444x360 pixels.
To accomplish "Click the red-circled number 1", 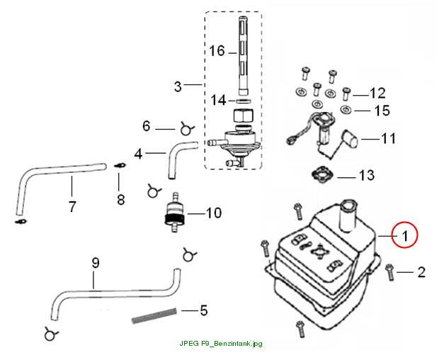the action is coord(405,235).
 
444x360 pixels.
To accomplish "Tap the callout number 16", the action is coord(217,51).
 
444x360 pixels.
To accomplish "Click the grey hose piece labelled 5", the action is coord(154,316).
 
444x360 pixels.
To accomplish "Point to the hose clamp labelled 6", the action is coord(186,129).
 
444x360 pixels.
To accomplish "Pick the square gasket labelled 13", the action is coord(321,176).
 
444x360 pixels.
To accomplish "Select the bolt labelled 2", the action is coord(390,272).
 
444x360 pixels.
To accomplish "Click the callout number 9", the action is coord(96,263).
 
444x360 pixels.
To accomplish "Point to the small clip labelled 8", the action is coord(120,165).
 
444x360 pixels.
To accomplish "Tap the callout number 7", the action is coord(72,206).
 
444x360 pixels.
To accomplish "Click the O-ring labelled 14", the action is coord(243,101).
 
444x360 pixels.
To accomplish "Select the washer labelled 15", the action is coord(346,109).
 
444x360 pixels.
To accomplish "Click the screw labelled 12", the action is coord(346,94).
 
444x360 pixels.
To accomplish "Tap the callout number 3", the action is coord(178,86).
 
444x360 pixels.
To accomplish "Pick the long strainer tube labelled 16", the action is coord(244,56).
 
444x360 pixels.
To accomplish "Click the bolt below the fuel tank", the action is coord(300,329).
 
